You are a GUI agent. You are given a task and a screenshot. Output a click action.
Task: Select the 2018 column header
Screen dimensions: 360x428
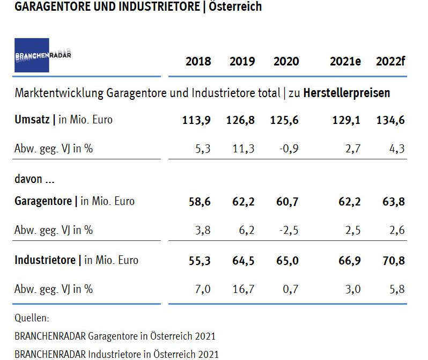(198, 61)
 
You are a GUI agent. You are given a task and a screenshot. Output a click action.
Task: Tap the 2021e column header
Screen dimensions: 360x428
(345, 61)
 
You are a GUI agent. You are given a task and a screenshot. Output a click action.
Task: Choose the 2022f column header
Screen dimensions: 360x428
(390, 61)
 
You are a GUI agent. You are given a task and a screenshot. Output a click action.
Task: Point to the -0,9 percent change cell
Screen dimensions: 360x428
(288, 149)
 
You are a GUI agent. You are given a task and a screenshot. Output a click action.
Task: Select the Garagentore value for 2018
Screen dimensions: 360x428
(200, 202)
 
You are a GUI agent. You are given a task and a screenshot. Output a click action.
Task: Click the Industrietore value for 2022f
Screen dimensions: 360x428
(391, 261)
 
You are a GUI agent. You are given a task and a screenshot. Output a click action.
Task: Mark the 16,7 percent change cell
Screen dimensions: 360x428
(242, 289)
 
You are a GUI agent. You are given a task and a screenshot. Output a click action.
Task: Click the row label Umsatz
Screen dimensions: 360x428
(33, 120)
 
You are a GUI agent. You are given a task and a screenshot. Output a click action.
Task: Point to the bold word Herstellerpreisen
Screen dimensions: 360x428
(346, 93)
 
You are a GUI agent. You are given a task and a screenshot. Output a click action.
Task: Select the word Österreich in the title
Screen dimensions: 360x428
(234, 7)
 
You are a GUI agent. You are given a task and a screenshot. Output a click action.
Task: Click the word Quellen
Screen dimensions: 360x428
(32, 318)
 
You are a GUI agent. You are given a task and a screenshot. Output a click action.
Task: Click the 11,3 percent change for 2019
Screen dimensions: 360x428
(243, 149)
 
